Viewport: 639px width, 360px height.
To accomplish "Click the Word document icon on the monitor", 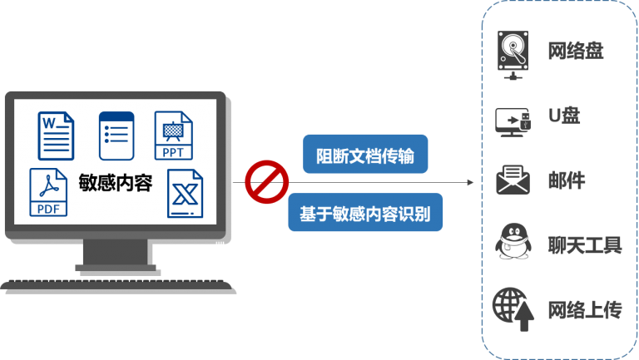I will point(56,136).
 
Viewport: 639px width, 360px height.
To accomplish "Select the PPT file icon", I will point(173,136).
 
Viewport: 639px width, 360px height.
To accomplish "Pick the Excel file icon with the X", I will point(185,194).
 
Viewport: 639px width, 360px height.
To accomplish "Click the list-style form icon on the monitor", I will point(116,136).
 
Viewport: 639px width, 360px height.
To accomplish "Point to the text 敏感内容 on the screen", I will point(115,183).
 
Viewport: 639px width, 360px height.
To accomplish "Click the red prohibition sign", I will point(265,183).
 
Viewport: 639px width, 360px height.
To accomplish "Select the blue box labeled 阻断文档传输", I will point(365,155).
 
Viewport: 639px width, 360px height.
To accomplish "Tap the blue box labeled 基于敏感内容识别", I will point(365,212).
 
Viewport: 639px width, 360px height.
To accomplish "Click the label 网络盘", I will point(575,52).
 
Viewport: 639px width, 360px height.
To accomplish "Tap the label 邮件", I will point(567,180).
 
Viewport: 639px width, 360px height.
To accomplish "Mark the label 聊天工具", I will point(584,245).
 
